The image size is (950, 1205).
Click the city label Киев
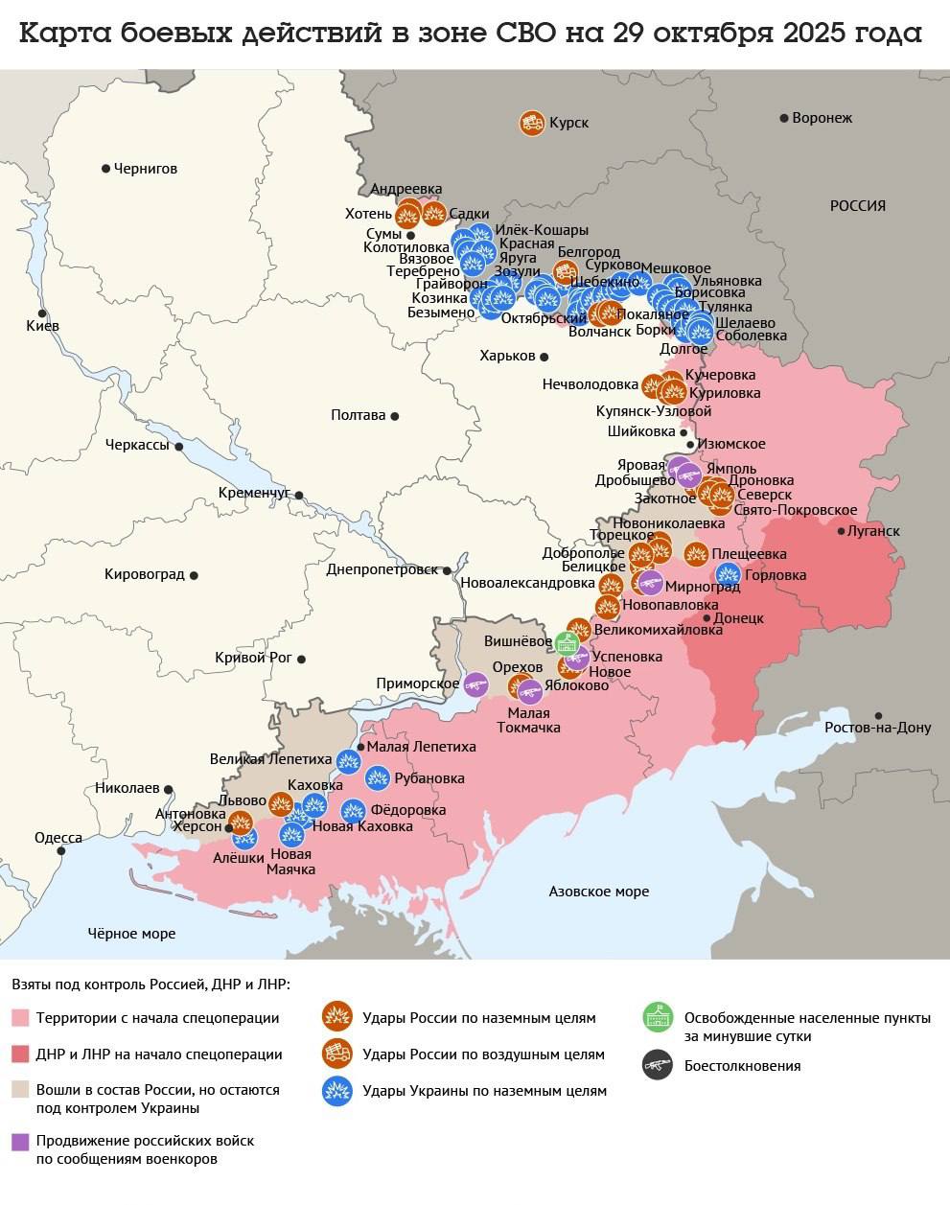pos(42,326)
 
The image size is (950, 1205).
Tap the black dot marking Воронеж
pos(784,118)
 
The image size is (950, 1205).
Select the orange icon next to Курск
pos(532,123)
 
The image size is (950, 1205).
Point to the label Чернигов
pos(145,169)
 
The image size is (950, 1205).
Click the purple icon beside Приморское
pos(475,684)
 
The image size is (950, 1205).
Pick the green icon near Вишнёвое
pos(568,640)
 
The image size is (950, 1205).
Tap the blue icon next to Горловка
pos(729,575)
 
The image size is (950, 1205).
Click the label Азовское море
pos(598,892)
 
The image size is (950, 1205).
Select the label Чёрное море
pos(131,933)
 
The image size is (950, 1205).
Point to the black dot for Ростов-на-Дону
pos(879,716)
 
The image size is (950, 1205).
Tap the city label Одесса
pos(58,837)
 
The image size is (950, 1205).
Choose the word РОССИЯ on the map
pos(857,205)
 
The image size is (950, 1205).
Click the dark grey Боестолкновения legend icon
pos(657,1065)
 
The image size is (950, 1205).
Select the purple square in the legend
pos(20,1142)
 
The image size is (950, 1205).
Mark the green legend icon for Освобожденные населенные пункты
pos(657,1017)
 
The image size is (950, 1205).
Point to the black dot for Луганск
pos(841,531)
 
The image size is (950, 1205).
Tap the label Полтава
pos(358,415)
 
